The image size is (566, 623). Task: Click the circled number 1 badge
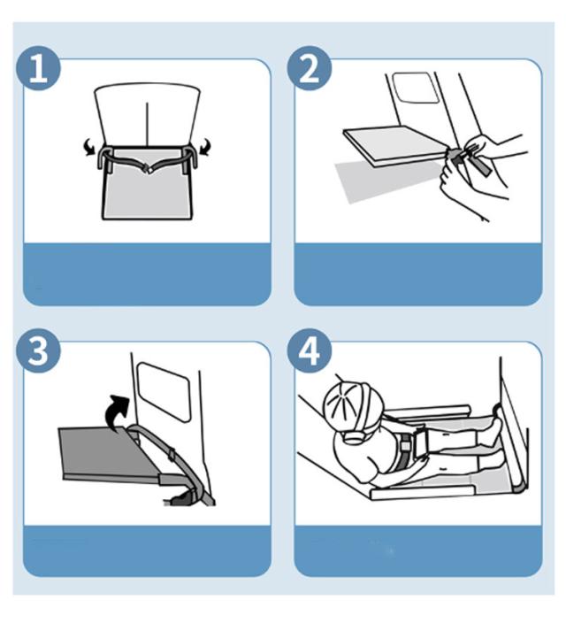[x=39, y=68]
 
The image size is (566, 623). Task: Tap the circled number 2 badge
[x=310, y=68]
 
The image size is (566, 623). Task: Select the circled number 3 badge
[x=39, y=350]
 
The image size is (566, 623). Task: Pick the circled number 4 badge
[x=310, y=350]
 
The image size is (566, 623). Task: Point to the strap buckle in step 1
[x=148, y=168]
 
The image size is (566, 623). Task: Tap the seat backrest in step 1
[x=147, y=113]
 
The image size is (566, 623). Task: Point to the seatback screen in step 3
[x=164, y=391]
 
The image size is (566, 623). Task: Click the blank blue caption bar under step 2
[x=417, y=274]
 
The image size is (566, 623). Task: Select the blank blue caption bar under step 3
[x=147, y=550]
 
